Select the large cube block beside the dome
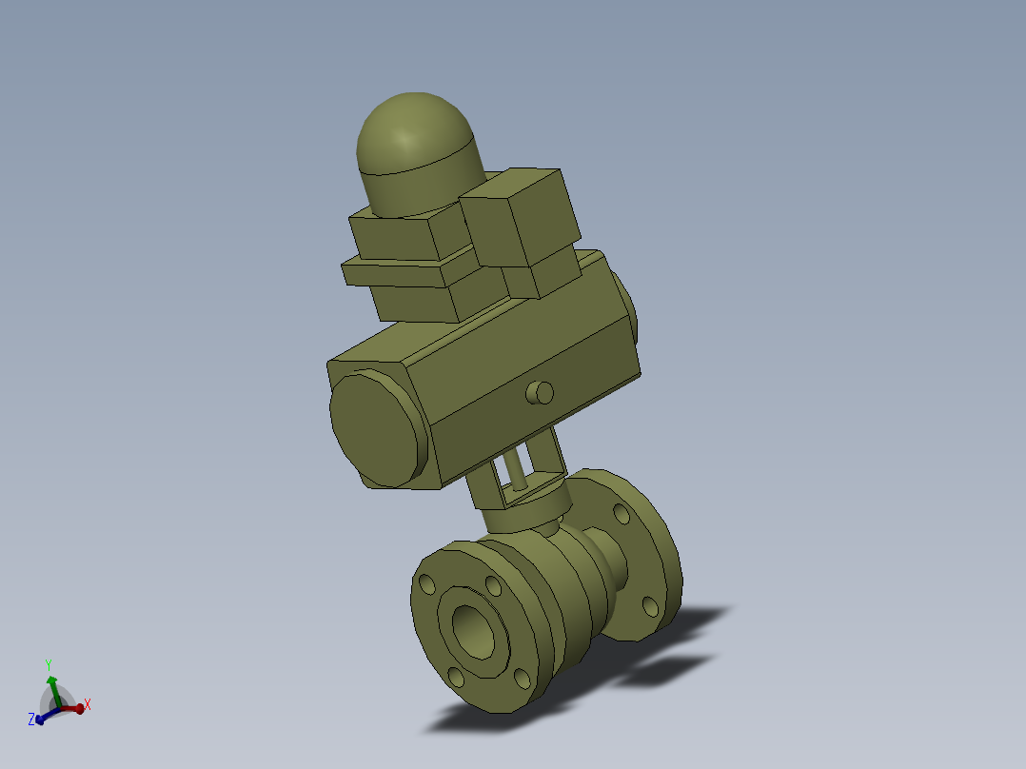click(x=519, y=217)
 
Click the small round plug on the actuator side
click(x=541, y=392)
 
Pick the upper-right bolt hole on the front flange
click(x=491, y=583)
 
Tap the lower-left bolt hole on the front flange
click(x=455, y=677)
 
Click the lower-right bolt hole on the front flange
click(x=520, y=678)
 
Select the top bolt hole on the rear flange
click(x=622, y=515)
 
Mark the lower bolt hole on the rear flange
click(x=650, y=605)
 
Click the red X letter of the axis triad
click(x=88, y=705)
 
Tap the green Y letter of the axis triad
click(x=48, y=664)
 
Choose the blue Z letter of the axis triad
click(x=31, y=720)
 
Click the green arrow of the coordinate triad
click(x=51, y=687)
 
